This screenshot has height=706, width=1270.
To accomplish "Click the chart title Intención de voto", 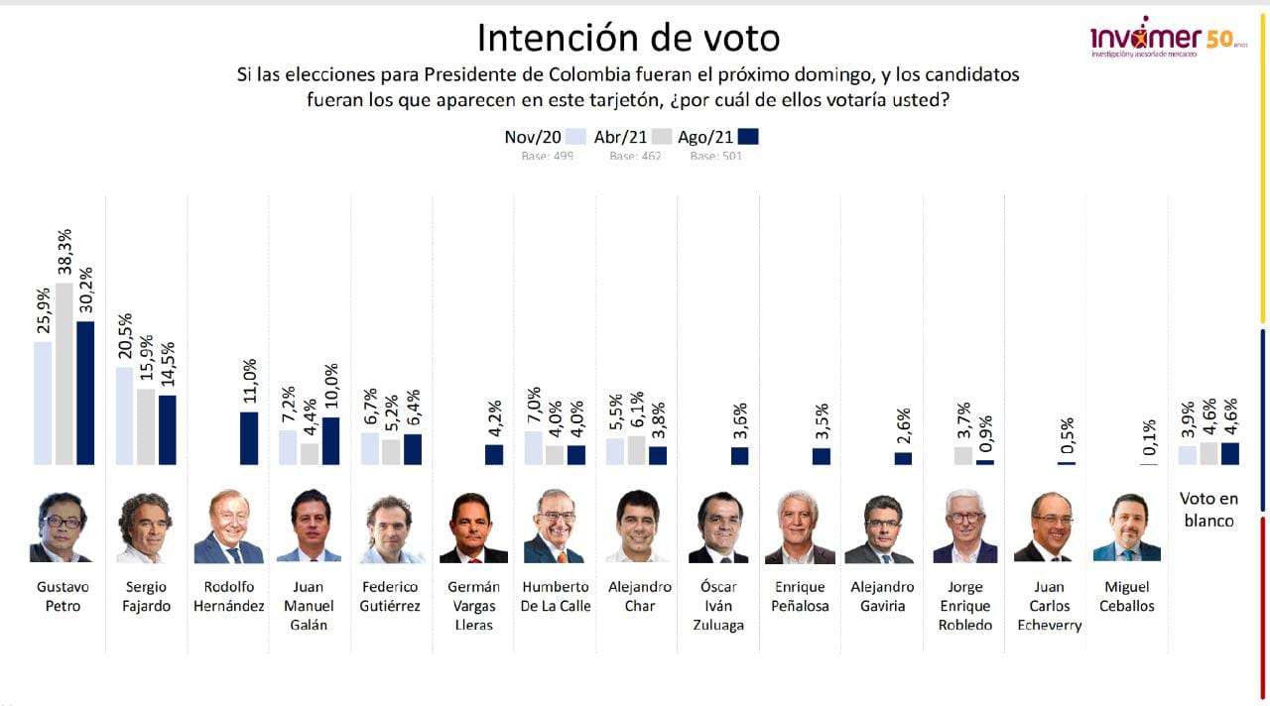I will [x=628, y=38].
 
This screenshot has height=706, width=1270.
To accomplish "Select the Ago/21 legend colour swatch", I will [x=748, y=138].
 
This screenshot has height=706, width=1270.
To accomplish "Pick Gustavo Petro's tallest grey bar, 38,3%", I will [x=64, y=374].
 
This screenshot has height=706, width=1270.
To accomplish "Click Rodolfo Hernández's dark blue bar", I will [x=248, y=438].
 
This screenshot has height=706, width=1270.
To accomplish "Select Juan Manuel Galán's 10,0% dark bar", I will [x=330, y=440].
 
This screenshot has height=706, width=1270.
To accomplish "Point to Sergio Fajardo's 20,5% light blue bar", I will [x=125, y=415].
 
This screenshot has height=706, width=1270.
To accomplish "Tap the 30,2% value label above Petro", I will [x=85, y=291].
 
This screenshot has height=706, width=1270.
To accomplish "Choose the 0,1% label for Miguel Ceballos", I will [x=1149, y=438].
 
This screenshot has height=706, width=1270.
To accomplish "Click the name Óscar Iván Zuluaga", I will [x=718, y=606].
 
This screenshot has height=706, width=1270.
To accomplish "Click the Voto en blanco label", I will [x=1207, y=510].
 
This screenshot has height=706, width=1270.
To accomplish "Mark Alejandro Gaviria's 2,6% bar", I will [x=903, y=458].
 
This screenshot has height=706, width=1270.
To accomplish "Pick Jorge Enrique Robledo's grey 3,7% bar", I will [x=963, y=455].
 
